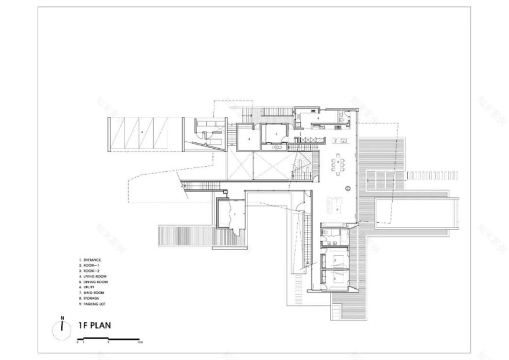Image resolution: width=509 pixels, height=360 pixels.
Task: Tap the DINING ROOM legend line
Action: coord(95,282)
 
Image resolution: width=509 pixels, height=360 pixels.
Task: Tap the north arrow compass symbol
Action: coord(61,327)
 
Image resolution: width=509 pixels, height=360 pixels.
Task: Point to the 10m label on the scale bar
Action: coord(140,343)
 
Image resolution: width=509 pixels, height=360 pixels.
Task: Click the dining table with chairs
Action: coord(338,167)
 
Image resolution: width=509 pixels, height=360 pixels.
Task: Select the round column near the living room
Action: coord(348,188)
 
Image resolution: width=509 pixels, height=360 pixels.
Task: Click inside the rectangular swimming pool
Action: coord(414,210)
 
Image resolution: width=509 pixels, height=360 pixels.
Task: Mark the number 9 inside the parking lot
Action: coord(141,133)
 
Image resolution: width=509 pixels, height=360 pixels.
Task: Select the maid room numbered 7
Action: coord(277,134)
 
